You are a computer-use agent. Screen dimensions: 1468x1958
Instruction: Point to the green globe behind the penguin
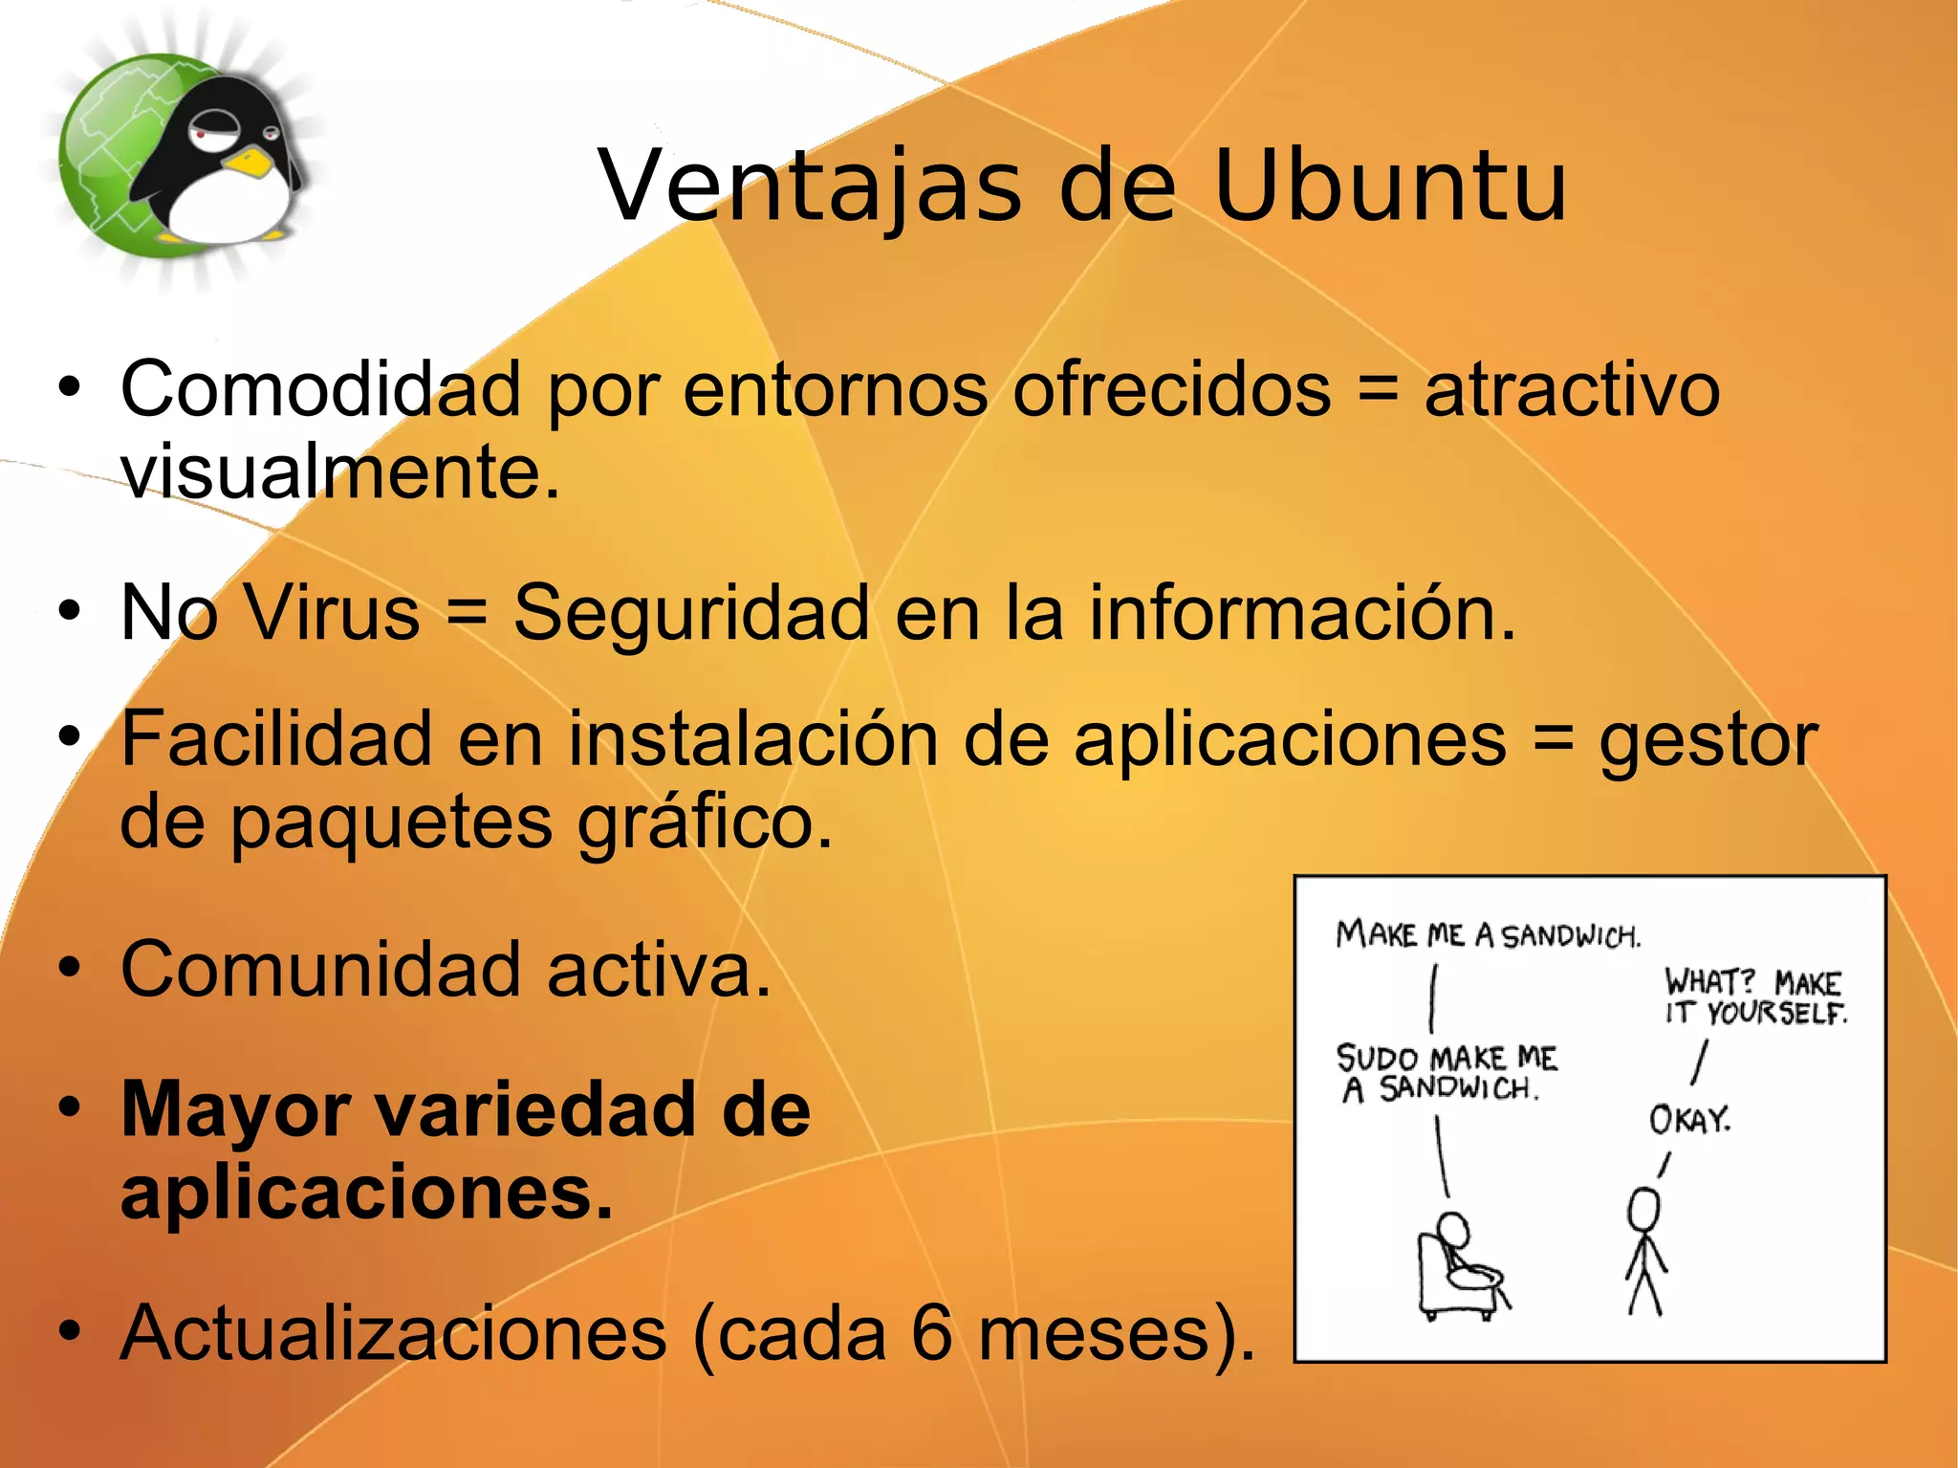click(x=105, y=163)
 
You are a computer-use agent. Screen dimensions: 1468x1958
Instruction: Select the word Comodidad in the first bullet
click(x=320, y=389)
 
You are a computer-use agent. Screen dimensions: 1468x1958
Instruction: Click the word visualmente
click(x=339, y=472)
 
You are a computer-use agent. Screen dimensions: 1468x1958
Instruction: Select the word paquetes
click(x=392, y=822)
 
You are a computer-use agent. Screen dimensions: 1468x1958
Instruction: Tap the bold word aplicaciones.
click(x=366, y=1194)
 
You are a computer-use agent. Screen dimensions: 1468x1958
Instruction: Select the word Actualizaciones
click(x=393, y=1333)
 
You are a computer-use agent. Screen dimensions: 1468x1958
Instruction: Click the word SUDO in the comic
click(x=1377, y=1059)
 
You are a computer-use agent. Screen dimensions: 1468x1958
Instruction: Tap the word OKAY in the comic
click(x=1689, y=1120)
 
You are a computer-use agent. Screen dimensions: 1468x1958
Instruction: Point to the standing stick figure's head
click(x=1644, y=1209)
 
